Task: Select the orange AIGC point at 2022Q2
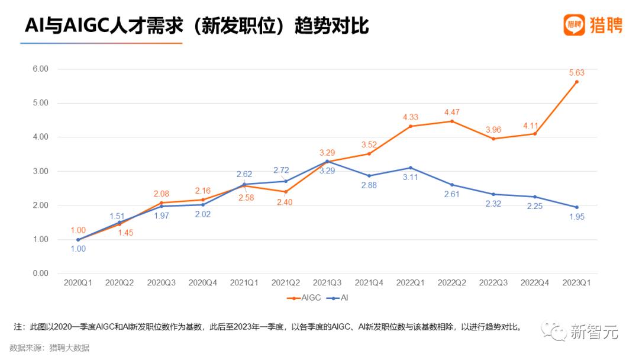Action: point(452,121)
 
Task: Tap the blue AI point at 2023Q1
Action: point(577,207)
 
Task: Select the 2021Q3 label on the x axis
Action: point(327,284)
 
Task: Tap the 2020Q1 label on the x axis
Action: point(78,284)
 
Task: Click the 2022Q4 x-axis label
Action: point(535,284)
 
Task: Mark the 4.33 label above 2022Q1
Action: point(411,117)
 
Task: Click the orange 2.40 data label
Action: point(286,202)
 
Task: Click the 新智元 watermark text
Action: point(594,333)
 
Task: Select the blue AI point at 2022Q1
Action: point(411,168)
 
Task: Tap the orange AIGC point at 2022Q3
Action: point(493,139)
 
